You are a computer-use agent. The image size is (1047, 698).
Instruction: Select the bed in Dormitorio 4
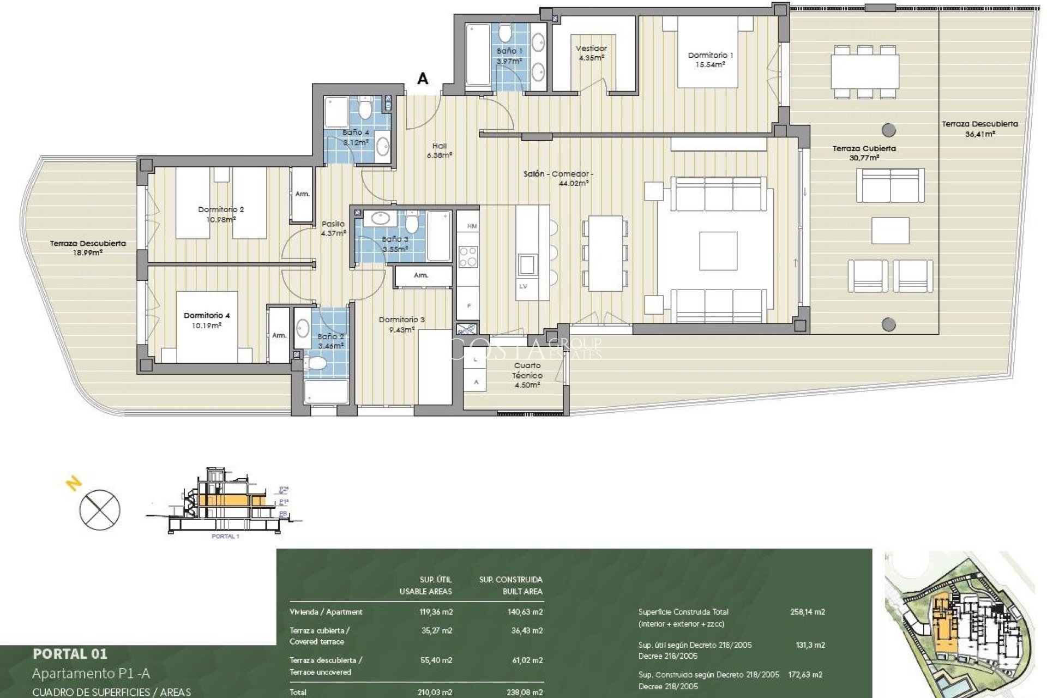coord(207,327)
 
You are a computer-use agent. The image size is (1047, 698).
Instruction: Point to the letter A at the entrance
coord(423,79)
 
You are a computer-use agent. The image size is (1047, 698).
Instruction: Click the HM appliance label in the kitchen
coord(472,226)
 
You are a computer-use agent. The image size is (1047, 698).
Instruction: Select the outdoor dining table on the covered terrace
coord(865,71)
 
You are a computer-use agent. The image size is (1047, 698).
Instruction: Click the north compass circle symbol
coord(100,509)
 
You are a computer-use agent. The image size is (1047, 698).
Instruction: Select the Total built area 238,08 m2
coord(525,693)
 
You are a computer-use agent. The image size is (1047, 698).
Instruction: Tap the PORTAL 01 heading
coord(70,653)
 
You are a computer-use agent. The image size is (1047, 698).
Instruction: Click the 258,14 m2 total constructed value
coord(807,612)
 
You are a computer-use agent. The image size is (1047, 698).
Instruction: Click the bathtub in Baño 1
coord(478,54)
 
